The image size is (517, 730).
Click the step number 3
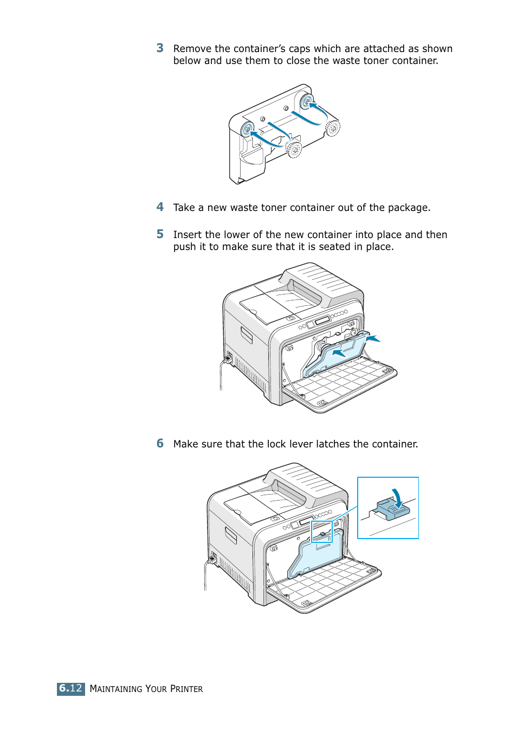coord(160,48)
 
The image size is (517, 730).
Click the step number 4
coord(160,207)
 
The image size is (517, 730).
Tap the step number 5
coord(160,234)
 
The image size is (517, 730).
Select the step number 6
coord(160,444)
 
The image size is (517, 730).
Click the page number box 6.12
coord(71,688)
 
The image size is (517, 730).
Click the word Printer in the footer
coord(186,689)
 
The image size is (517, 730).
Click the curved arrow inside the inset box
coord(397,496)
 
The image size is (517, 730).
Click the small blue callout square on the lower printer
coord(321,532)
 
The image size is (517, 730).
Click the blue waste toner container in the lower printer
coord(317,556)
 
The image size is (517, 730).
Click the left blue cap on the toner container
coord(247,130)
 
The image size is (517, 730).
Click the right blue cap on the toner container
coord(307,101)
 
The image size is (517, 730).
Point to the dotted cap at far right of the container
coord(333,128)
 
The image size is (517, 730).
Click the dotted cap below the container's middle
coord(294,150)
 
